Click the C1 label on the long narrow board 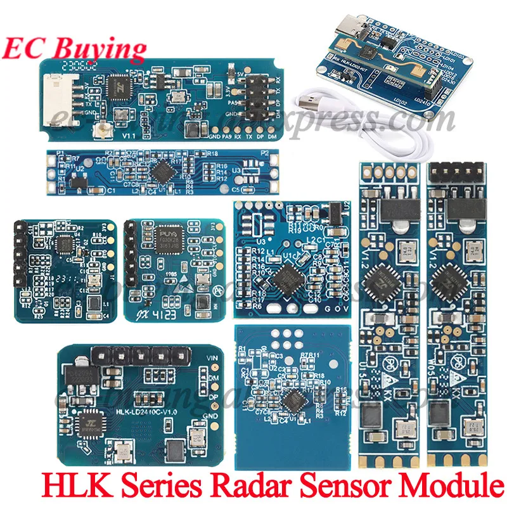pos(110,189)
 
